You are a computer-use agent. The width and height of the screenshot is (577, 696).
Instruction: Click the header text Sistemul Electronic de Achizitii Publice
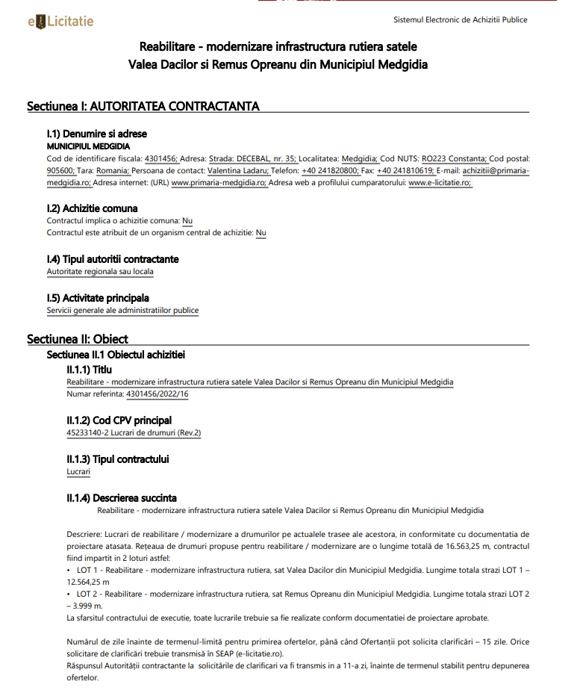[x=460, y=20]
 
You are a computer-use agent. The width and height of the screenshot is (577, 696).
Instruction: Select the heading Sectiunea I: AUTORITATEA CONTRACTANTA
[x=143, y=106]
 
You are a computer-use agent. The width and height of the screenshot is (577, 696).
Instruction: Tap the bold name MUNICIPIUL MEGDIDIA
[x=88, y=146]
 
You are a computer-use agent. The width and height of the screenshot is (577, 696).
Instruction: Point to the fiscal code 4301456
[x=161, y=158]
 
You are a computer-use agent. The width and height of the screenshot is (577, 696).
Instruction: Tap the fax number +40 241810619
[x=405, y=170]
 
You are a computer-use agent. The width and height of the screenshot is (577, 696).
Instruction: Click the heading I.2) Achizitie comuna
[x=92, y=208]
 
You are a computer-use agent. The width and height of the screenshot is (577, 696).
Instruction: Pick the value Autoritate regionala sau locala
[x=100, y=271]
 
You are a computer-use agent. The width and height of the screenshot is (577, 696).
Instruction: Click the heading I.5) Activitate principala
[x=98, y=298]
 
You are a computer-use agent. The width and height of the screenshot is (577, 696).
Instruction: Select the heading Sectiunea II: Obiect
[x=78, y=339]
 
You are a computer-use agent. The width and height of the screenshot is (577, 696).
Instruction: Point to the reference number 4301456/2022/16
[x=157, y=394]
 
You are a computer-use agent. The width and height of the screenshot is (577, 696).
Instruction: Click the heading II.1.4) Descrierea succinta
[x=122, y=498]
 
